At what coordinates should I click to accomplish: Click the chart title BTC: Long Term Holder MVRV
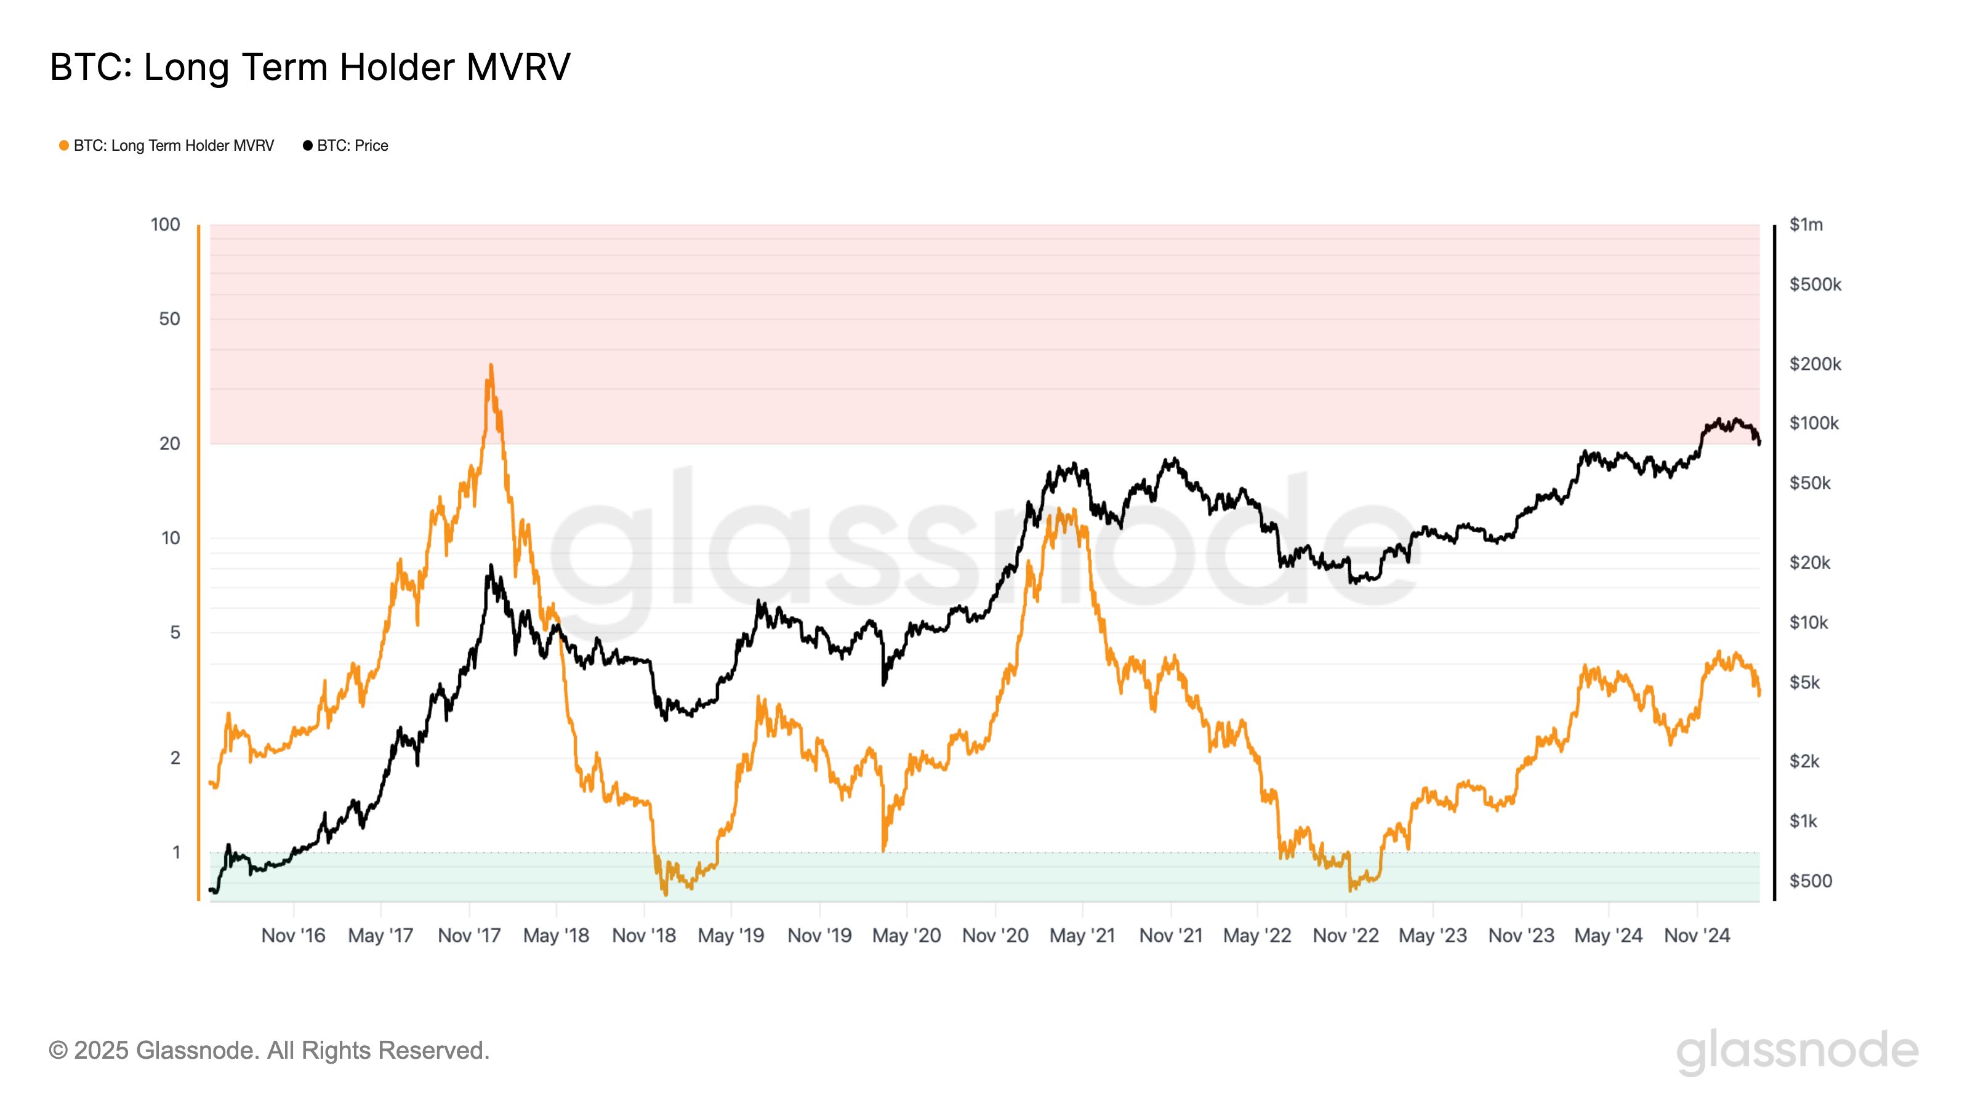310,67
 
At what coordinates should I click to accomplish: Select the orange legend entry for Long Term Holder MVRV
173,146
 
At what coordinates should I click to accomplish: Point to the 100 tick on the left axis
165,225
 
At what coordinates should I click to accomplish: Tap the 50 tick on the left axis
169,319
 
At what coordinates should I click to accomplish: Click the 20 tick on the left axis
169,443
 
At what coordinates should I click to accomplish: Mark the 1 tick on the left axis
176,852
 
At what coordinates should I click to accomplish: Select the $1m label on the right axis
1806,225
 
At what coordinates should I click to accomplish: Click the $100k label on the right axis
1813,423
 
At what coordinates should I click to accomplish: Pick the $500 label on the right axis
1810,881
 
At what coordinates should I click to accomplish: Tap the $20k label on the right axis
1809,563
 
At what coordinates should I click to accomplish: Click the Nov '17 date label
468,935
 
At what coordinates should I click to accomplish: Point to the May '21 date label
1082,935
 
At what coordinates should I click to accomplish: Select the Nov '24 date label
1697,935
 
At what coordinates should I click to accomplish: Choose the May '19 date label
731,935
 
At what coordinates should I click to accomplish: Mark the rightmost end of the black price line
1759,443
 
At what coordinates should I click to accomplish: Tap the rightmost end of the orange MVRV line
1759,694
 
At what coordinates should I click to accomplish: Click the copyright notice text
268,1051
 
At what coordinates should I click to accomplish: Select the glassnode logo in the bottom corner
1796,1052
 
